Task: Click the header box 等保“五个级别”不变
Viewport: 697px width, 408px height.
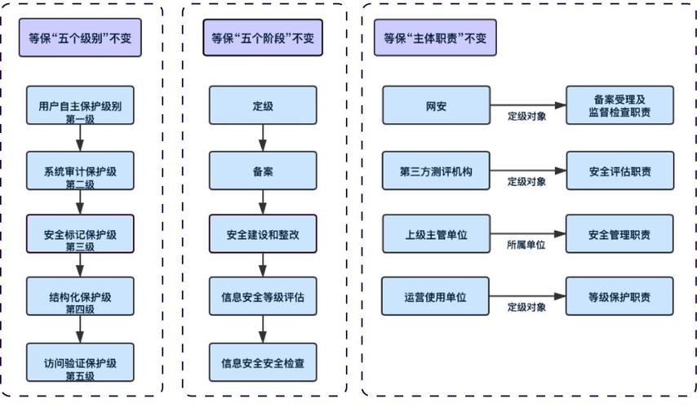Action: (x=80, y=38)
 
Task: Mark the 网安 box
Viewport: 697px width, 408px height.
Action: (x=435, y=106)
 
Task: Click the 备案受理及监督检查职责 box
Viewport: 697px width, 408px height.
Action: (x=619, y=106)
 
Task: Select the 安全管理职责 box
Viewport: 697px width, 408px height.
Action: (x=619, y=234)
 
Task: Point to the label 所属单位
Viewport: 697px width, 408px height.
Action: (x=526, y=244)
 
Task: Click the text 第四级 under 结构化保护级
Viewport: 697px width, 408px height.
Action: (x=80, y=310)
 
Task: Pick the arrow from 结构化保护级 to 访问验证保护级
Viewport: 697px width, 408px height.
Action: (x=80, y=330)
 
